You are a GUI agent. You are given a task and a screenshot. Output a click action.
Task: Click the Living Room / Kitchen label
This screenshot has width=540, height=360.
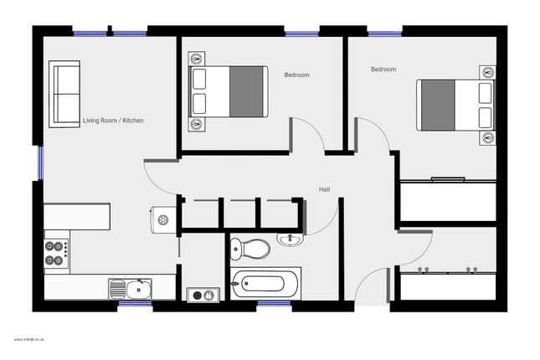pyautogui.click(x=112, y=121)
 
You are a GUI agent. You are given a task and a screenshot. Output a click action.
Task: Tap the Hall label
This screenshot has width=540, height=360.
pyautogui.click(x=324, y=190)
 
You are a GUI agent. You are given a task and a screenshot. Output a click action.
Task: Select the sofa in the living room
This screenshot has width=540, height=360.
pyautogui.click(x=65, y=93)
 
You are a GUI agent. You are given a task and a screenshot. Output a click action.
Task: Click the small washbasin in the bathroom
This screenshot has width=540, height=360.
pyautogui.click(x=291, y=241)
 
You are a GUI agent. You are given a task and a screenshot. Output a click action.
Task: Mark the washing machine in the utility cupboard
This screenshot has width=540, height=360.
pyautogui.click(x=202, y=294)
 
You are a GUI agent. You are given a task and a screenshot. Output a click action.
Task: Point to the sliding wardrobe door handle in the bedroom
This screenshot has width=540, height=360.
pyautogui.click(x=447, y=179)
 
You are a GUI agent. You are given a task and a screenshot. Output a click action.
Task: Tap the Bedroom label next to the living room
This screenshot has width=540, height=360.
pyautogui.click(x=296, y=75)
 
